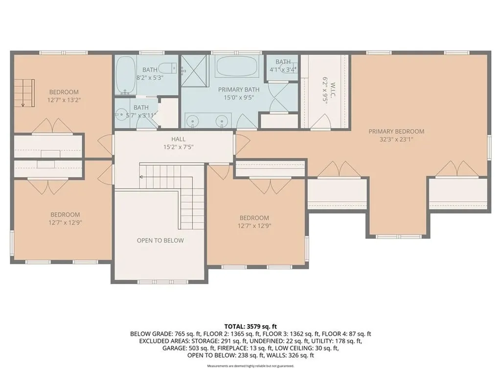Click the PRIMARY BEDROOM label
click(396, 131)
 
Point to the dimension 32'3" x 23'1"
click(396, 139)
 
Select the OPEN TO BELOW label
click(160, 240)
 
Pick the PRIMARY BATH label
click(238, 90)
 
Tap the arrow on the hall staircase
click(142, 176)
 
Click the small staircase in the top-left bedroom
click(22, 93)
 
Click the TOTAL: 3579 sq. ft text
click(250, 326)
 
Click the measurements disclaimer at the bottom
click(250, 366)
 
